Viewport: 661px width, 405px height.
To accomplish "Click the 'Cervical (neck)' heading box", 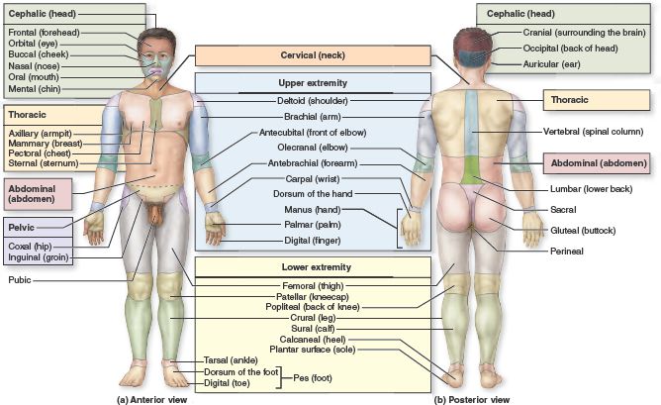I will coord(312,55).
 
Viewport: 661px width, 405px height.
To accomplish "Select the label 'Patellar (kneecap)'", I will coord(313,295).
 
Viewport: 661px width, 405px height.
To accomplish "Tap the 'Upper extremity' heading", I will coord(313,83).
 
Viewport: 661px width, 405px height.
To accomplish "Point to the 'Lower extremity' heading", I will coord(313,267).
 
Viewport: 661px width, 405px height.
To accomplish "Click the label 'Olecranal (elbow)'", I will coord(312,148).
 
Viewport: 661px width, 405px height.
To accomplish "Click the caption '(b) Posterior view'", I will coord(473,399).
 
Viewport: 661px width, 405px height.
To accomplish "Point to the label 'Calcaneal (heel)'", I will coord(314,338).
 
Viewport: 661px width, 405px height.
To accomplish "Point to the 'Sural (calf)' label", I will coord(313,327).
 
